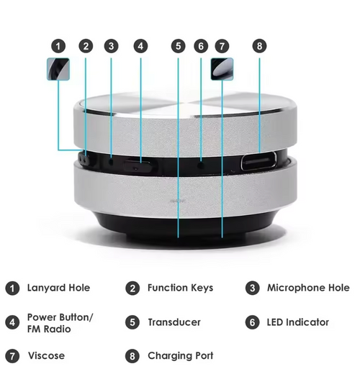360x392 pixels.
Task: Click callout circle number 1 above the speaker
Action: click(59, 45)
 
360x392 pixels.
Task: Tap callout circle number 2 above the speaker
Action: click(86, 45)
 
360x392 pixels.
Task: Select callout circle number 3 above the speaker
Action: click(110, 45)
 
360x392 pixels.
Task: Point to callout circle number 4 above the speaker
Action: click(140, 45)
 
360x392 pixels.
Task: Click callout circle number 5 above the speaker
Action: click(178, 45)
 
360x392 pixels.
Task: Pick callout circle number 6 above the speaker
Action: click(201, 45)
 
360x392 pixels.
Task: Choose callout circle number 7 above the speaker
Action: click(222, 45)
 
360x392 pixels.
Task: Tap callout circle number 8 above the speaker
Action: click(259, 45)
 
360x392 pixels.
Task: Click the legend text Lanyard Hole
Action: click(58, 288)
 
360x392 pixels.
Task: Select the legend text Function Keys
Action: click(180, 288)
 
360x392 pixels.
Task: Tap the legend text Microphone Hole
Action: click(308, 288)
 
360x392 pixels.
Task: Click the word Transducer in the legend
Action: click(174, 322)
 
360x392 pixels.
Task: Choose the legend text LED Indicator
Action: click(297, 322)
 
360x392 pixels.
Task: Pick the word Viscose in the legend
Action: click(47, 355)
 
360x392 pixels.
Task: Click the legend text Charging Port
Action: click(180, 355)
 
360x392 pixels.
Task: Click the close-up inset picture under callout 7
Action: click(222, 70)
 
